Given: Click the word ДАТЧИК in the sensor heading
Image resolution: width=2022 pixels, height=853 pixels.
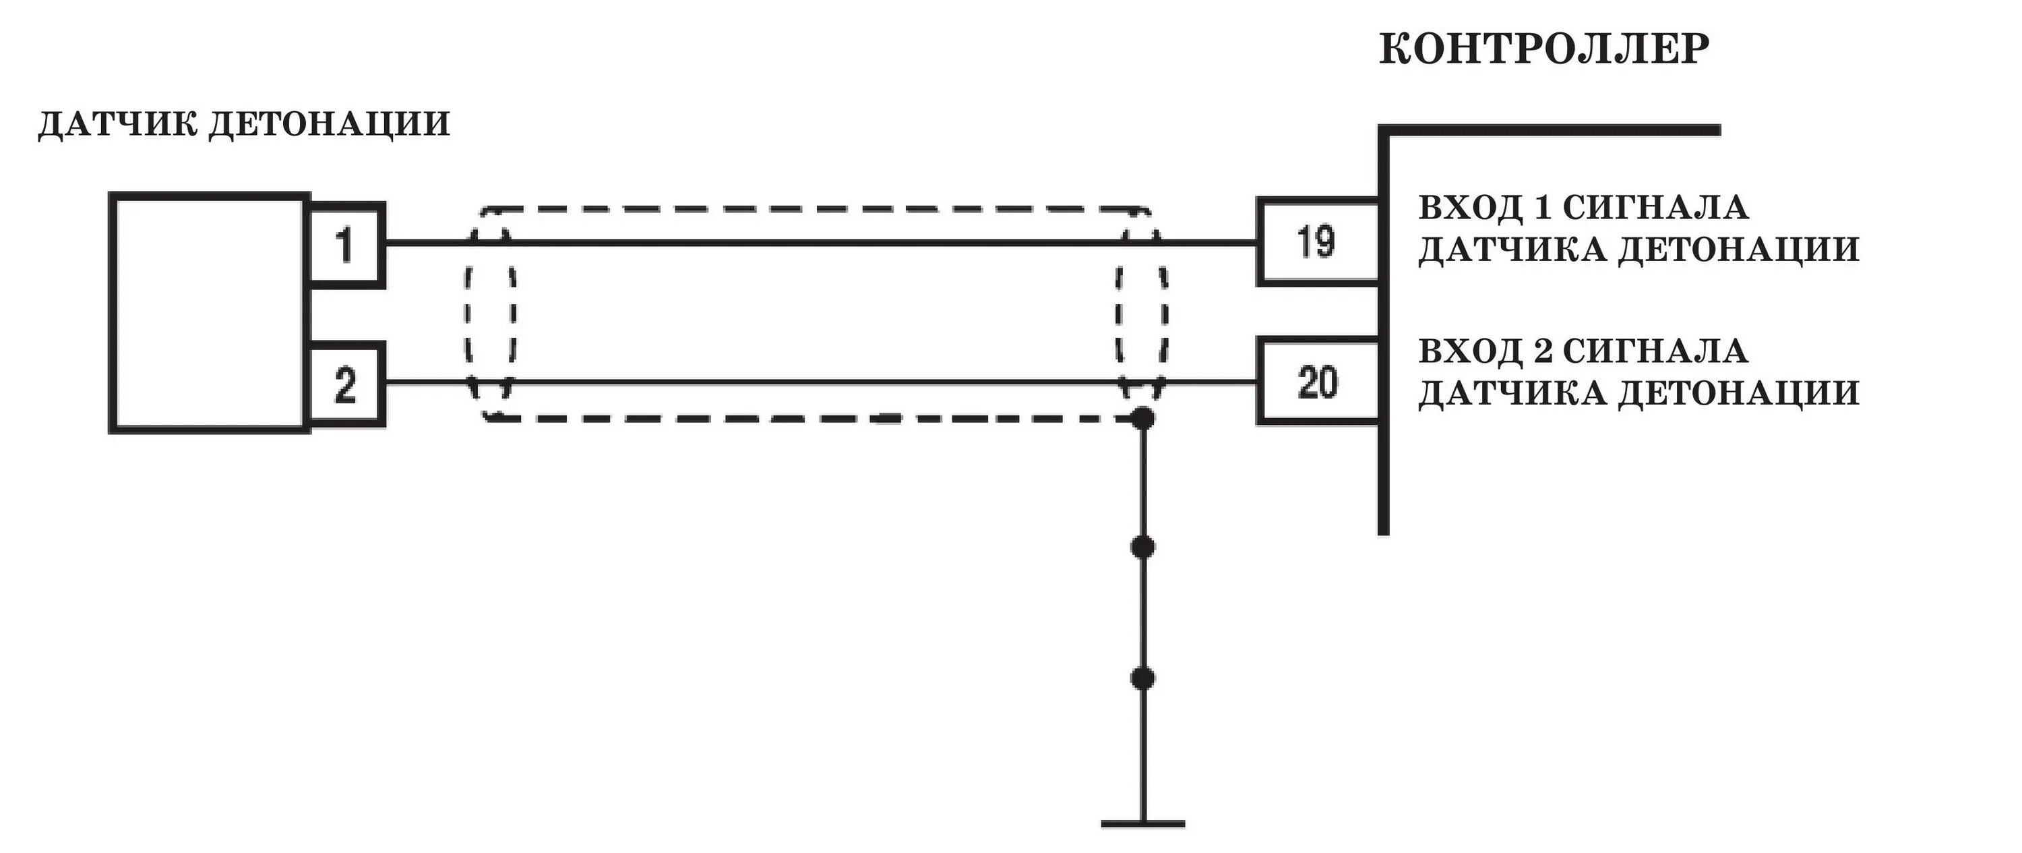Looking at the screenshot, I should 118,124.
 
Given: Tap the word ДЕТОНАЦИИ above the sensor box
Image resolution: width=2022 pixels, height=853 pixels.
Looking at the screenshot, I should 329,124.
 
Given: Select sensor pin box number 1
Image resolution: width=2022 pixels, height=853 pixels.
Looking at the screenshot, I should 345,244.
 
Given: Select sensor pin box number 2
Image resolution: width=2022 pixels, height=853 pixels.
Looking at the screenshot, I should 345,385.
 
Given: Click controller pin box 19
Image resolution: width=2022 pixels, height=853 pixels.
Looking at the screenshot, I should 1316,241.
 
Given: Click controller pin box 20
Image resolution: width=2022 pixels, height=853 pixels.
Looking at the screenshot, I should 1316,382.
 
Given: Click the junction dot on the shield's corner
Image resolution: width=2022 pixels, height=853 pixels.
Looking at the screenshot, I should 1143,419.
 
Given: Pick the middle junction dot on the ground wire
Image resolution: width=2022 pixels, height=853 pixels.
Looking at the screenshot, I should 1143,547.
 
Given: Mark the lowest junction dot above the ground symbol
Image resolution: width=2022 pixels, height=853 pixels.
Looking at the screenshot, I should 1143,678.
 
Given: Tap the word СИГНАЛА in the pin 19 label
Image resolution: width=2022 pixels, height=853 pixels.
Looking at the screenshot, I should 1655,208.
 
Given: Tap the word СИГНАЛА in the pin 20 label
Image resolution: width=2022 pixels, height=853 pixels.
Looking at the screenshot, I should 1655,351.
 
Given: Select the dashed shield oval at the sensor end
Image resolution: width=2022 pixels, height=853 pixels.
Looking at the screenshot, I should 468,314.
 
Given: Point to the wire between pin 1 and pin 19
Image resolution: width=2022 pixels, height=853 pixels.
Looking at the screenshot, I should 816,243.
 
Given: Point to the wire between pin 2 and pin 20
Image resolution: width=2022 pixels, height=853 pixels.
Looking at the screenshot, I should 816,382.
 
